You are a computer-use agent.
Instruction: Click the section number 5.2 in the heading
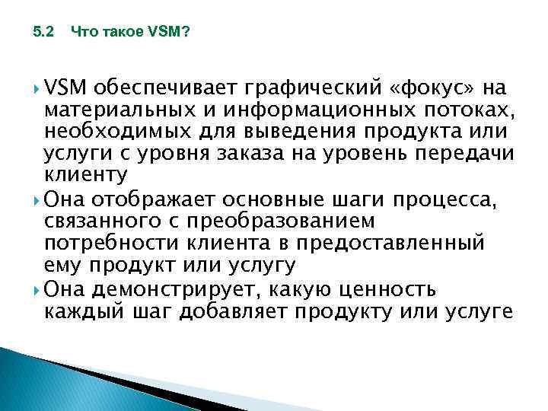(45, 33)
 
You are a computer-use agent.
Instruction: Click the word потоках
(469, 109)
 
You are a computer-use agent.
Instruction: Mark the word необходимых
(111, 131)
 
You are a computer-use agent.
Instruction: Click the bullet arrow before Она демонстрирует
(37, 291)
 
